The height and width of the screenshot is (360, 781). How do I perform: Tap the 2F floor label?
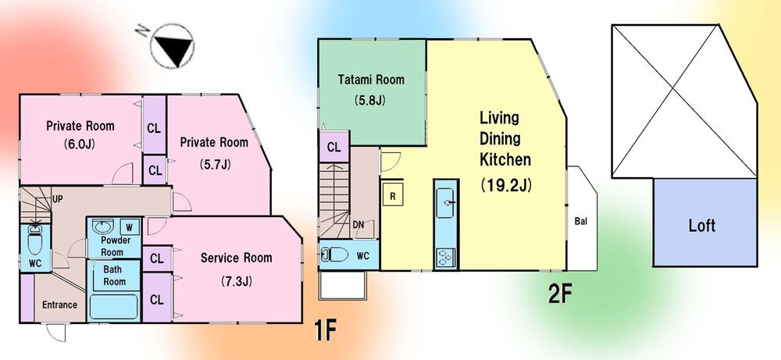[x=560, y=294]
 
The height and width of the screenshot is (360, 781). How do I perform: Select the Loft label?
[x=701, y=226]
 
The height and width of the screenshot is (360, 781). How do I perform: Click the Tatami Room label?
[x=372, y=79]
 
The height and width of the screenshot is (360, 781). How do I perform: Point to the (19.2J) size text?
[x=505, y=187]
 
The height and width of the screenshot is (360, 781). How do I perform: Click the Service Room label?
[x=236, y=258]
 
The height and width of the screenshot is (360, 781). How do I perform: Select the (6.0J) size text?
[x=80, y=144]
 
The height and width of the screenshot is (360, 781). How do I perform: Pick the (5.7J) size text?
[x=213, y=165]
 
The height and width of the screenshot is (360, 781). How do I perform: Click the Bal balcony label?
[x=580, y=221]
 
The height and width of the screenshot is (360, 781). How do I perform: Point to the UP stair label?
[x=57, y=200]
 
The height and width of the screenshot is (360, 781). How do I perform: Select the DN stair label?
[x=358, y=225]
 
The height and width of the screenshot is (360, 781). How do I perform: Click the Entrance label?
[x=59, y=305]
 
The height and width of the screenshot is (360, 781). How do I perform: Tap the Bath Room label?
[x=115, y=276]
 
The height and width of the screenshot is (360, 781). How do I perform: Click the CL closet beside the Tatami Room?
[x=333, y=147]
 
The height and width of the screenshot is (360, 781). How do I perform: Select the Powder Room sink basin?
[x=103, y=227]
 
